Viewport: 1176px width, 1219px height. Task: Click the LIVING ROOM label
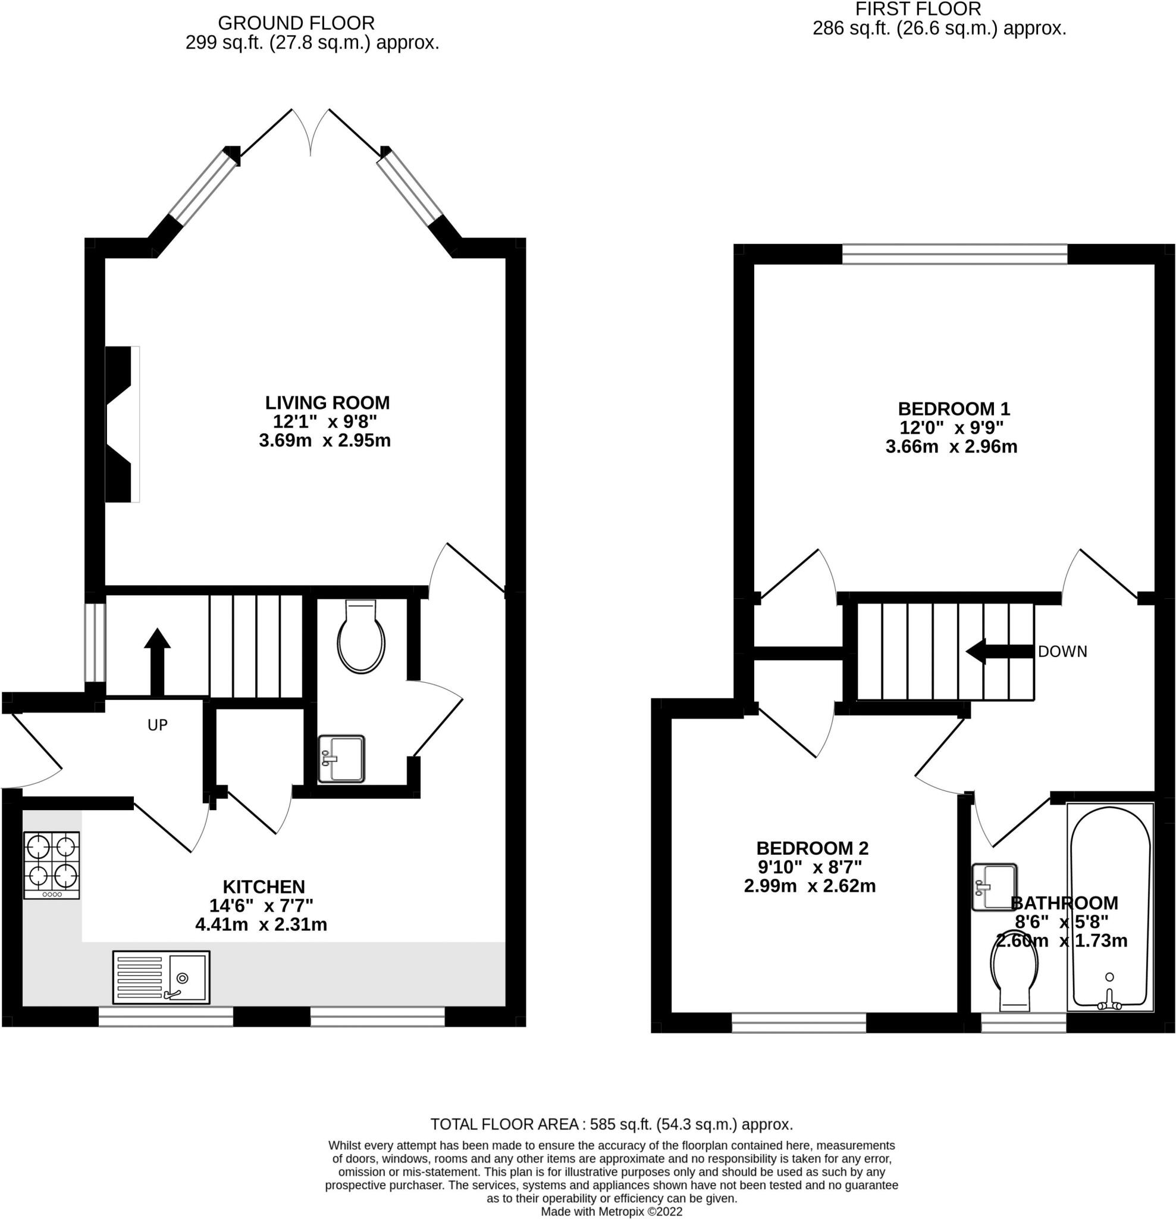pos(328,402)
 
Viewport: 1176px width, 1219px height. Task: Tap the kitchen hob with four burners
pos(52,864)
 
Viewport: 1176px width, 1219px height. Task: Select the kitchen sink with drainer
pos(161,977)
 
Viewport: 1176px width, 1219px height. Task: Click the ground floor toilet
pos(361,636)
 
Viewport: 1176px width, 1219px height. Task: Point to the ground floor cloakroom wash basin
pos(341,758)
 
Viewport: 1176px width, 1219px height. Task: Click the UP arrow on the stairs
pos(157,662)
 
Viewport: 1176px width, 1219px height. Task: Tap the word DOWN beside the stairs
pos(1062,651)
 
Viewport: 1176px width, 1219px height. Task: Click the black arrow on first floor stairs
pos(999,651)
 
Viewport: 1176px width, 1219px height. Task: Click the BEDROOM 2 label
pos(812,848)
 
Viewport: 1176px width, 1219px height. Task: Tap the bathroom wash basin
pos(995,887)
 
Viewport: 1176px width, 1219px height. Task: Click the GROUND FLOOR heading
pos(296,23)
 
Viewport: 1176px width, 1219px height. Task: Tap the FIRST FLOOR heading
pos(918,9)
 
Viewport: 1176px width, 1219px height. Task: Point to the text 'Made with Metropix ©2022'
pos(611,1211)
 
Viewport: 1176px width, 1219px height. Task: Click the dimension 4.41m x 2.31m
pos(261,924)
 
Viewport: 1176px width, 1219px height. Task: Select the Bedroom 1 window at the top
pos(955,254)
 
